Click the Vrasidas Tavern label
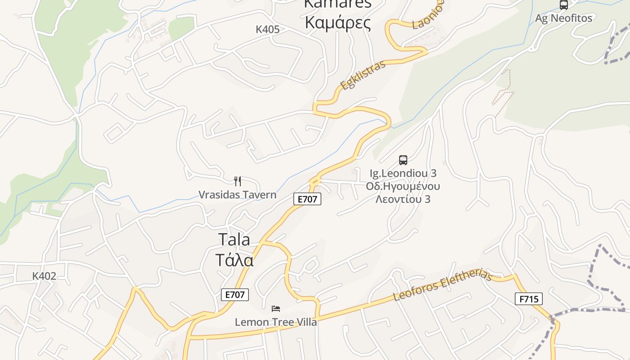click(238, 195)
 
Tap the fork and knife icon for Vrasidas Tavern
click(238, 181)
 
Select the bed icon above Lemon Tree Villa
click(276, 309)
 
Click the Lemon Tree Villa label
click(276, 322)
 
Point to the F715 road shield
click(529, 298)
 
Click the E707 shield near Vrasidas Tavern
click(307, 199)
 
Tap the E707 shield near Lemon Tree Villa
click(235, 295)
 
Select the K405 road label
click(268, 30)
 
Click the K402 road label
click(44, 276)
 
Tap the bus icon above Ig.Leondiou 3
click(403, 160)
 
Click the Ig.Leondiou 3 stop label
click(403, 173)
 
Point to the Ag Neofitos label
click(563, 18)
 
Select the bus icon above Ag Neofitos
click(563, 5)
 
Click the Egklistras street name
click(363, 75)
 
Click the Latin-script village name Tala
click(234, 239)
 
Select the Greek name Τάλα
click(234, 260)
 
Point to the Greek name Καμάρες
click(338, 22)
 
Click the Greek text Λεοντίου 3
click(403, 198)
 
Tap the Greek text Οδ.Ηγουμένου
click(403, 186)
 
